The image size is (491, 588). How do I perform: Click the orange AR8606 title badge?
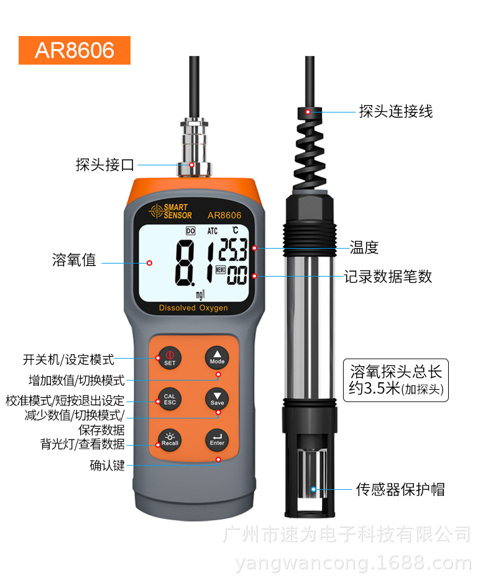(75, 50)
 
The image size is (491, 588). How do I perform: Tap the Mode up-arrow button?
(217, 356)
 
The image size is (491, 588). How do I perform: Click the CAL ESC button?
(170, 398)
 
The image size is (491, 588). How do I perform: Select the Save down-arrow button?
(217, 398)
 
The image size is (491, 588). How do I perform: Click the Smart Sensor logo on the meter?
(172, 211)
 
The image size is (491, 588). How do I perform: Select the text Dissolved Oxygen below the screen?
(193, 308)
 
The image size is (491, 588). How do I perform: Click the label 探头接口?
(105, 165)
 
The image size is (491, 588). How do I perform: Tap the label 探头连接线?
(396, 112)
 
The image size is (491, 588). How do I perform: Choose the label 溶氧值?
(74, 260)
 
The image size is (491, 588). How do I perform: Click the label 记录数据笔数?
(388, 277)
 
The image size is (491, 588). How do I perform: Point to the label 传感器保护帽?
(400, 489)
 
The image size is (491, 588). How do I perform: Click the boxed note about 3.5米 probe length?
(396, 380)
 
